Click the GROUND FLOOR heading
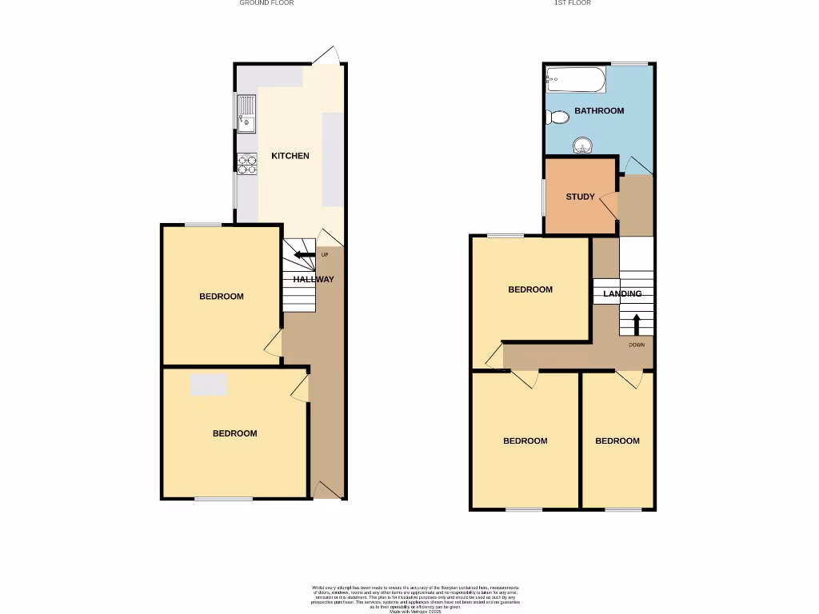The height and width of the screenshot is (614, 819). click(x=266, y=3)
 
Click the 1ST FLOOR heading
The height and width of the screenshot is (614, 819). click(x=573, y=3)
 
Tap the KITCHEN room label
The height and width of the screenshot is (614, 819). click(x=290, y=156)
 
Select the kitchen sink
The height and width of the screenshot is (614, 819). click(x=246, y=113)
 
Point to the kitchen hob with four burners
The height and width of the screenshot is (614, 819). click(x=246, y=164)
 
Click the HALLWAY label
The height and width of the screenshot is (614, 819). click(x=314, y=280)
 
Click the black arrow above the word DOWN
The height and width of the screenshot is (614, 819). click(x=637, y=325)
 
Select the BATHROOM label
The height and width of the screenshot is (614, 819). click(x=599, y=111)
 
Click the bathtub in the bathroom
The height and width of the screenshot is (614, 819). click(x=574, y=78)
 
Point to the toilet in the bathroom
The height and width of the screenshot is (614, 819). click(x=557, y=118)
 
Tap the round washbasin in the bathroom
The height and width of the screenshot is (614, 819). click(x=581, y=146)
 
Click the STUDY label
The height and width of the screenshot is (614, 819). click(x=581, y=197)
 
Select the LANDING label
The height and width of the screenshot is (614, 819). click(x=622, y=294)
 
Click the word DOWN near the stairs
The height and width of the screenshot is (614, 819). click(x=637, y=345)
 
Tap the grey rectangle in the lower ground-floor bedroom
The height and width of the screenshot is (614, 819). click(x=209, y=385)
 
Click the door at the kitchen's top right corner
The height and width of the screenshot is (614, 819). click(x=327, y=56)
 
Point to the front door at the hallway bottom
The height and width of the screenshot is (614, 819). click(x=326, y=489)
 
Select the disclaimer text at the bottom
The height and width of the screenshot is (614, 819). click(x=415, y=598)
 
